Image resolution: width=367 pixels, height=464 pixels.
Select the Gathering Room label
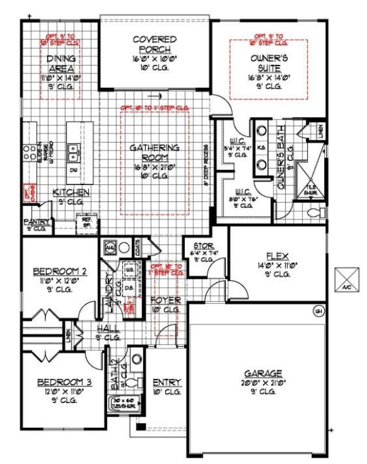(154, 152)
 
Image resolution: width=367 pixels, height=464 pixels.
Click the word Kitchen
(71, 192)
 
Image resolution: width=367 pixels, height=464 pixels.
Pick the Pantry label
(34, 221)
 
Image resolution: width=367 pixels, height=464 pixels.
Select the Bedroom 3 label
(61, 382)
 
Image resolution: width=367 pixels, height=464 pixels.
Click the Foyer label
(166, 300)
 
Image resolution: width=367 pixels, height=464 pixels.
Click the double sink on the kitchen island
(73, 152)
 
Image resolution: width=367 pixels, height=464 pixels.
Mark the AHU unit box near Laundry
(110, 248)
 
